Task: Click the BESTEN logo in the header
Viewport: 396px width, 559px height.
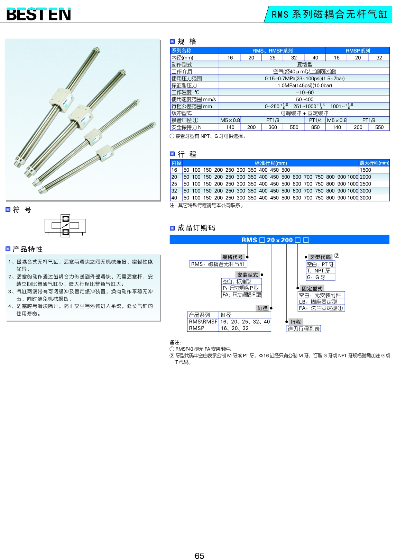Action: click(38, 14)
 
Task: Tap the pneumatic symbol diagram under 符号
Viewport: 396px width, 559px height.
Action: click(65, 226)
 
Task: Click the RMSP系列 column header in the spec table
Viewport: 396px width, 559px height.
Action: click(358, 51)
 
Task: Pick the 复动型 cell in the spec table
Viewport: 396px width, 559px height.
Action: click(304, 64)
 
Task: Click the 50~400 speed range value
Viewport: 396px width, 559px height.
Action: click(304, 99)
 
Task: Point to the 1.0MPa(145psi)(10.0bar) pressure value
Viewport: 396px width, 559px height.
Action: click(304, 85)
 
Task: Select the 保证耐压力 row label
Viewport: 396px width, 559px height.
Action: click(184, 85)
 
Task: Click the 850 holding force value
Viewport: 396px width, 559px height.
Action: click(315, 127)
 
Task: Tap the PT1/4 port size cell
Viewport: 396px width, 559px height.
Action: click(315, 120)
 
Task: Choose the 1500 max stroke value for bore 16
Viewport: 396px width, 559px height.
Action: click(365, 170)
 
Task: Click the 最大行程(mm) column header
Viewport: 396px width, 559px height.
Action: click(374, 163)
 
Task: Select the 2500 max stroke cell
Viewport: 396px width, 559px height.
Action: click(365, 184)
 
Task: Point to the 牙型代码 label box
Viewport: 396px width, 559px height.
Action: click(320, 257)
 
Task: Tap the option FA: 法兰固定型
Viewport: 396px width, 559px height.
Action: click(321, 308)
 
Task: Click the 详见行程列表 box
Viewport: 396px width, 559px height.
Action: click(304, 329)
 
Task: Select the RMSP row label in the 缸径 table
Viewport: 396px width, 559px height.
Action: click(196, 328)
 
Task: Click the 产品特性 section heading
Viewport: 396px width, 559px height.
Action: click(28, 249)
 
